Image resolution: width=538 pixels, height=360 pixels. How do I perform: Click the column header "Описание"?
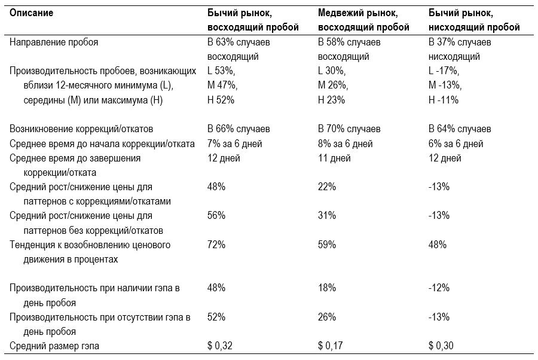[x=31, y=13]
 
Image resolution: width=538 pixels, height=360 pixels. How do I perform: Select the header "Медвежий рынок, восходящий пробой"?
[x=363, y=20]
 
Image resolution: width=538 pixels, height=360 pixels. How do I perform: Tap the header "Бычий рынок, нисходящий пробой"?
[x=474, y=20]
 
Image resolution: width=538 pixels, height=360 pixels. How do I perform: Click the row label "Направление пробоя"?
[x=54, y=42]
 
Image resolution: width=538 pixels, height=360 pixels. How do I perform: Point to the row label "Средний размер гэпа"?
[x=54, y=346]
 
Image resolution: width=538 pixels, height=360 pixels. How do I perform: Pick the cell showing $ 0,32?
[x=219, y=346]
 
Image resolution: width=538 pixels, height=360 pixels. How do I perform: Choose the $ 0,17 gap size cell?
[x=330, y=346]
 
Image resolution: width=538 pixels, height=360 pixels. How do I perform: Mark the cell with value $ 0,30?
[x=441, y=346]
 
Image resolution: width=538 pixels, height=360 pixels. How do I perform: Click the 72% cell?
[x=216, y=245]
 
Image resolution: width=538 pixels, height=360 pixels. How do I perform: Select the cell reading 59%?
[x=326, y=245]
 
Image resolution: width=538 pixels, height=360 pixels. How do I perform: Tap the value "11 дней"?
[x=334, y=158]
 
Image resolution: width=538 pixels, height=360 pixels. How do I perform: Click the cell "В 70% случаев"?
[x=349, y=129]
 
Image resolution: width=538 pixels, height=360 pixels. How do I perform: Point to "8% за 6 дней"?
[x=345, y=144]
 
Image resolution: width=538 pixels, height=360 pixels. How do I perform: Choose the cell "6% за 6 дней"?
[x=456, y=144]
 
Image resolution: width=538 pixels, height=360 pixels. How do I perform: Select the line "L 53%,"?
[x=221, y=71]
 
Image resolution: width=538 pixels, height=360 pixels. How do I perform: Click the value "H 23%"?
[x=331, y=100]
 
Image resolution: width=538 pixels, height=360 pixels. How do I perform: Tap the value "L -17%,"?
[x=444, y=71]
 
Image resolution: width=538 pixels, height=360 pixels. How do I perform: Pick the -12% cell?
[x=439, y=288]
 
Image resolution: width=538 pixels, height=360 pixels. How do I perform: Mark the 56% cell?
[x=216, y=215]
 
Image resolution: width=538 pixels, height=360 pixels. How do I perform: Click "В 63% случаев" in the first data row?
[x=239, y=42]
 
